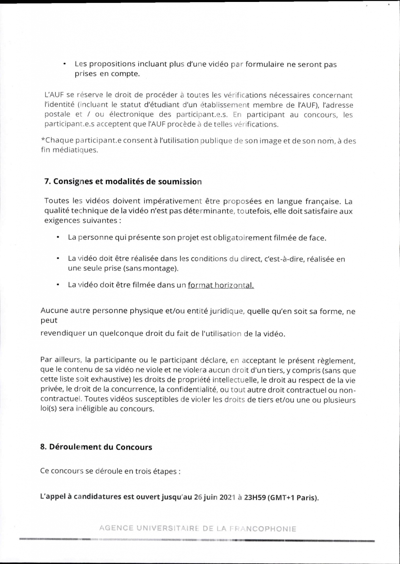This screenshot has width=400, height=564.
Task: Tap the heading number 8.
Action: point(43,447)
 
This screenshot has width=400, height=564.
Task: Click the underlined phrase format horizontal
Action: point(221,285)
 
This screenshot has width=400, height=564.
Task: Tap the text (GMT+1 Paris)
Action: point(293,498)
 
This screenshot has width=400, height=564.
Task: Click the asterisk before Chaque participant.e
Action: point(43,140)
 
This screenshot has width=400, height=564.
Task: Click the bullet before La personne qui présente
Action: point(58,237)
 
